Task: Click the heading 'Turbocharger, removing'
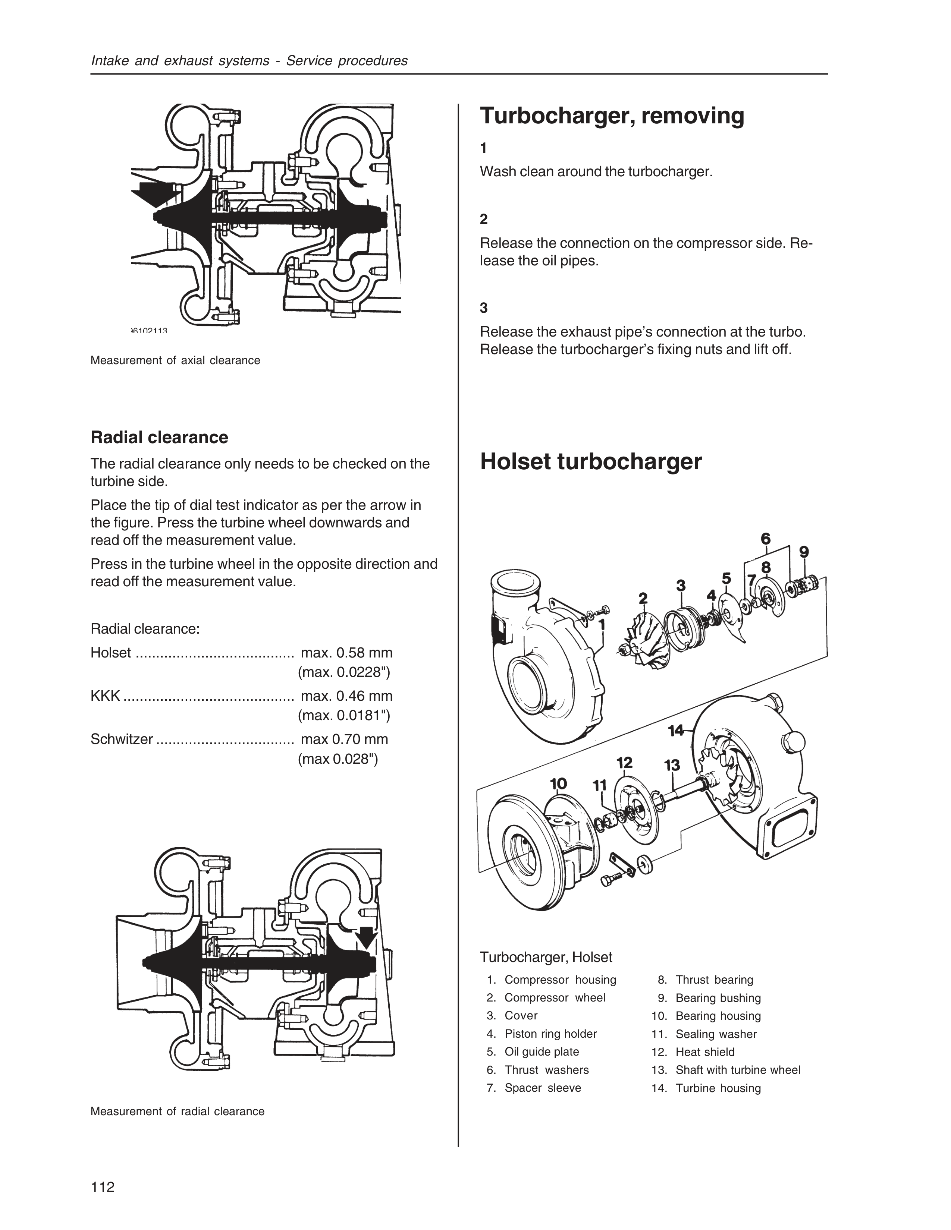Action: pos(612,116)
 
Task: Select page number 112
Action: pos(103,1187)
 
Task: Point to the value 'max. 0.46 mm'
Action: pos(346,696)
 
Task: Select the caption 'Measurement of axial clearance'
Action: pos(175,360)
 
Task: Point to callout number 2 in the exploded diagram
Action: pos(643,597)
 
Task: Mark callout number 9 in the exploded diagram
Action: pos(804,552)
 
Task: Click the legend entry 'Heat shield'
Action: pos(705,1052)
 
